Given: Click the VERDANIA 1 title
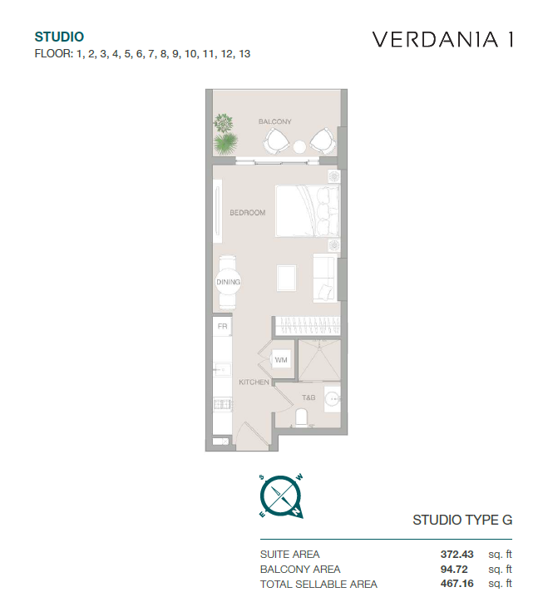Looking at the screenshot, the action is [x=443, y=39].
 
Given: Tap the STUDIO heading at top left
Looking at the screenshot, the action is [x=59, y=37].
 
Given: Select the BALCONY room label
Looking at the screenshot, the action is [x=275, y=121].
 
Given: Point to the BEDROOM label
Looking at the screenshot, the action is [x=248, y=213].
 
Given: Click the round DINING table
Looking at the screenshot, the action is [x=228, y=282].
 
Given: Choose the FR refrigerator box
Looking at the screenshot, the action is [x=222, y=326].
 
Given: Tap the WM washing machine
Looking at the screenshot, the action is [x=281, y=360].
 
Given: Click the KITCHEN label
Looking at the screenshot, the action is [x=254, y=382].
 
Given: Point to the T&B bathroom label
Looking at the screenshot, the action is [x=309, y=397].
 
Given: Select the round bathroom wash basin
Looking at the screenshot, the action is [x=332, y=399].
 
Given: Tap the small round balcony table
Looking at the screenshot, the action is [x=299, y=146].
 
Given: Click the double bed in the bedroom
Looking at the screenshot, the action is [x=308, y=211].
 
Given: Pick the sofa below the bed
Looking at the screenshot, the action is [x=323, y=277].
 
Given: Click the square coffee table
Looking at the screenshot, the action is [x=287, y=278].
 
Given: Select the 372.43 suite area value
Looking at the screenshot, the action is [x=457, y=555].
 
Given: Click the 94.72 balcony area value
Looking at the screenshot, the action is [x=454, y=569].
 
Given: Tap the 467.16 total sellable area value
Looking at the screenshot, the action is [x=457, y=584].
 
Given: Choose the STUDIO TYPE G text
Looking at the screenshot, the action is [x=462, y=520].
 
